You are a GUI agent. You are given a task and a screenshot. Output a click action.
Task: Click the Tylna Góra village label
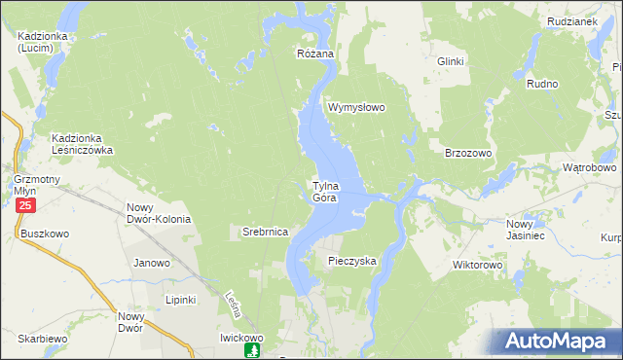click(324, 192)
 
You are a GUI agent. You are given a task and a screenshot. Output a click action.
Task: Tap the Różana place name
click(315, 54)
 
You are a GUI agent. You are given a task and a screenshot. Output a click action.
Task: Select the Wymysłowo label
click(357, 107)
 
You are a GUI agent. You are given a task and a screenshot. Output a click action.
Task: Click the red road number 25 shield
click(25, 206)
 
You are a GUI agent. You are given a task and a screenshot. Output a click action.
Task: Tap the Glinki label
click(451, 61)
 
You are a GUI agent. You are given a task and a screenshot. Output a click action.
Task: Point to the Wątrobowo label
click(590, 167)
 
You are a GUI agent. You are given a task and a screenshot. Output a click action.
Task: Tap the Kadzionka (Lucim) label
click(41, 42)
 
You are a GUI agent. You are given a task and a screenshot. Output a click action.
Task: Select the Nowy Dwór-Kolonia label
click(159, 213)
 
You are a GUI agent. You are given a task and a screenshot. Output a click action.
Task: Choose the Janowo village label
click(152, 263)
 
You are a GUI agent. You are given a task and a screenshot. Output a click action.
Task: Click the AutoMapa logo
click(561, 341)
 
